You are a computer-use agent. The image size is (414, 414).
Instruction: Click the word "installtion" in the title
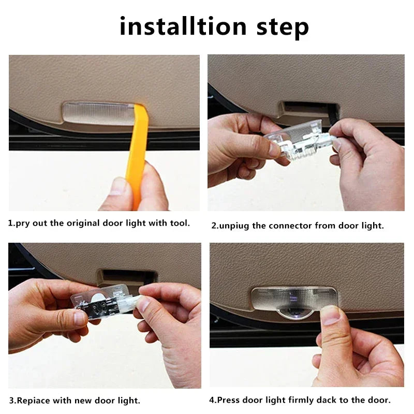(183, 26)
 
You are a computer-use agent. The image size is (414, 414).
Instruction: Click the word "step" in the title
(283, 28)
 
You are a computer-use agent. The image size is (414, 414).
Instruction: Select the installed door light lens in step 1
(98, 113)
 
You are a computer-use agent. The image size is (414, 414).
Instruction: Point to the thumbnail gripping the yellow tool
(118, 186)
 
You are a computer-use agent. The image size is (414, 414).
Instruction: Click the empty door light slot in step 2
(309, 110)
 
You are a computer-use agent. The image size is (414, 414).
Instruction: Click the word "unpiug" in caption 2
(233, 226)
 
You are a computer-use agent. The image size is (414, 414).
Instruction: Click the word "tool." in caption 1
(180, 223)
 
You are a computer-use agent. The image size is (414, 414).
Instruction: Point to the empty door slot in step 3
(127, 277)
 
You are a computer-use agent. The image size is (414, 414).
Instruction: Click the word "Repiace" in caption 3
(33, 401)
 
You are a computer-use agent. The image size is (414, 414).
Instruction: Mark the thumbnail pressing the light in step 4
(330, 316)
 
